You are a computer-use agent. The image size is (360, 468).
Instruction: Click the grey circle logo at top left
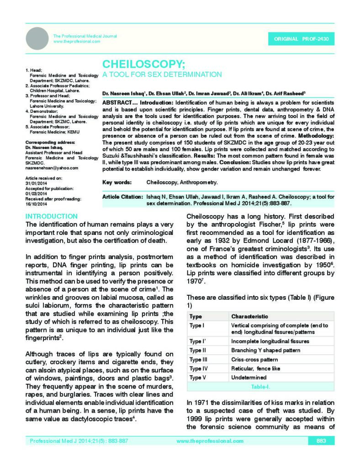pyautogui.click(x=37, y=38)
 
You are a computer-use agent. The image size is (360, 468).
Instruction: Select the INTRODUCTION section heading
pyautogui.click(x=51, y=216)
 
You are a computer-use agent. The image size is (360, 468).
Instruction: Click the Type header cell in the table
pyautogui.click(x=196, y=316)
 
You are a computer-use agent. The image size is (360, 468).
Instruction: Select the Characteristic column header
pyautogui.click(x=249, y=316)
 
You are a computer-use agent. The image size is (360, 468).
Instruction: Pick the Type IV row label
pyautogui.click(x=198, y=368)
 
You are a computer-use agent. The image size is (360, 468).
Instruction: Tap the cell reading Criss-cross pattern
pyautogui.click(x=254, y=360)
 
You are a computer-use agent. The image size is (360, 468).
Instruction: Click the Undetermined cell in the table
pyautogui.click(x=249, y=378)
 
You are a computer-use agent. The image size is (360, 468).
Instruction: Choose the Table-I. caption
pyautogui.click(x=260, y=387)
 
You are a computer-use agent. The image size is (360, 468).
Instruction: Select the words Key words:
pyautogui.click(x=117, y=182)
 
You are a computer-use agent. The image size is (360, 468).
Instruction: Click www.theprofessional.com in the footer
pyautogui.click(x=204, y=441)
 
